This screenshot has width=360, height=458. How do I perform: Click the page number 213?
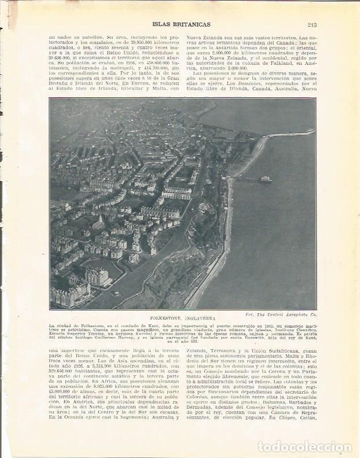(x=311, y=24)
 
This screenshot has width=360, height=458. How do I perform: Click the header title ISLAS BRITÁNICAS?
(x=181, y=24)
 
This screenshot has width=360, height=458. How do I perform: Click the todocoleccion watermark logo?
(x=304, y=446)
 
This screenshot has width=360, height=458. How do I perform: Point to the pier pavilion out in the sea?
(x=265, y=179)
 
